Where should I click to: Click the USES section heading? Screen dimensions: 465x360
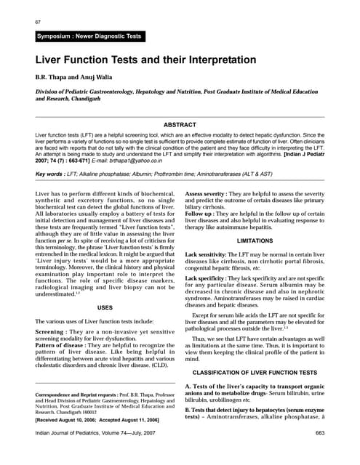[105, 309]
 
